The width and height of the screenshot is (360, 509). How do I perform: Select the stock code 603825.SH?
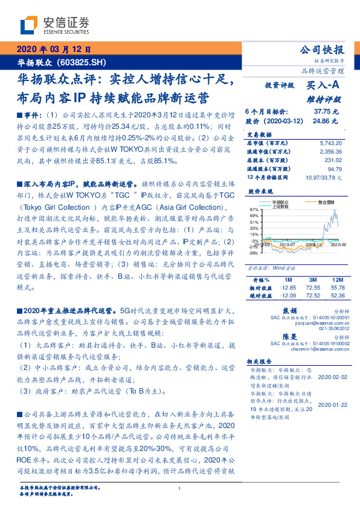click(85, 62)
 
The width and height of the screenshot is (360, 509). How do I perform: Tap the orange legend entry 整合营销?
click(329, 203)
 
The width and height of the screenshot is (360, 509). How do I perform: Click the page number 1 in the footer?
click(180, 488)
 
